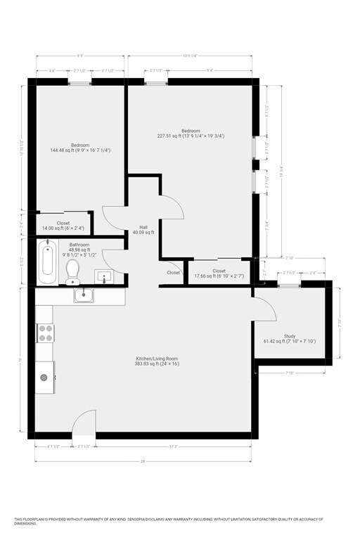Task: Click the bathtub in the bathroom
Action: (48, 263)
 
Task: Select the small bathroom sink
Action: (105, 276)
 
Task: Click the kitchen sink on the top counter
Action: (84, 296)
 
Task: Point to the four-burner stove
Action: (46, 333)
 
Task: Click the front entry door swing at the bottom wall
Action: (85, 423)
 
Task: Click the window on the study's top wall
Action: (289, 284)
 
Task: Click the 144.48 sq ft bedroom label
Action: (80, 148)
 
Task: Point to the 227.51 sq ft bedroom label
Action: (191, 134)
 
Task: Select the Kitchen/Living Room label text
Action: (157, 361)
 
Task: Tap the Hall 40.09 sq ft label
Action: (143, 229)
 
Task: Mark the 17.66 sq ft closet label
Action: (219, 273)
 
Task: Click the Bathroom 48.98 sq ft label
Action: (79, 250)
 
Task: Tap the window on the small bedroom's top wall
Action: (80, 83)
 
